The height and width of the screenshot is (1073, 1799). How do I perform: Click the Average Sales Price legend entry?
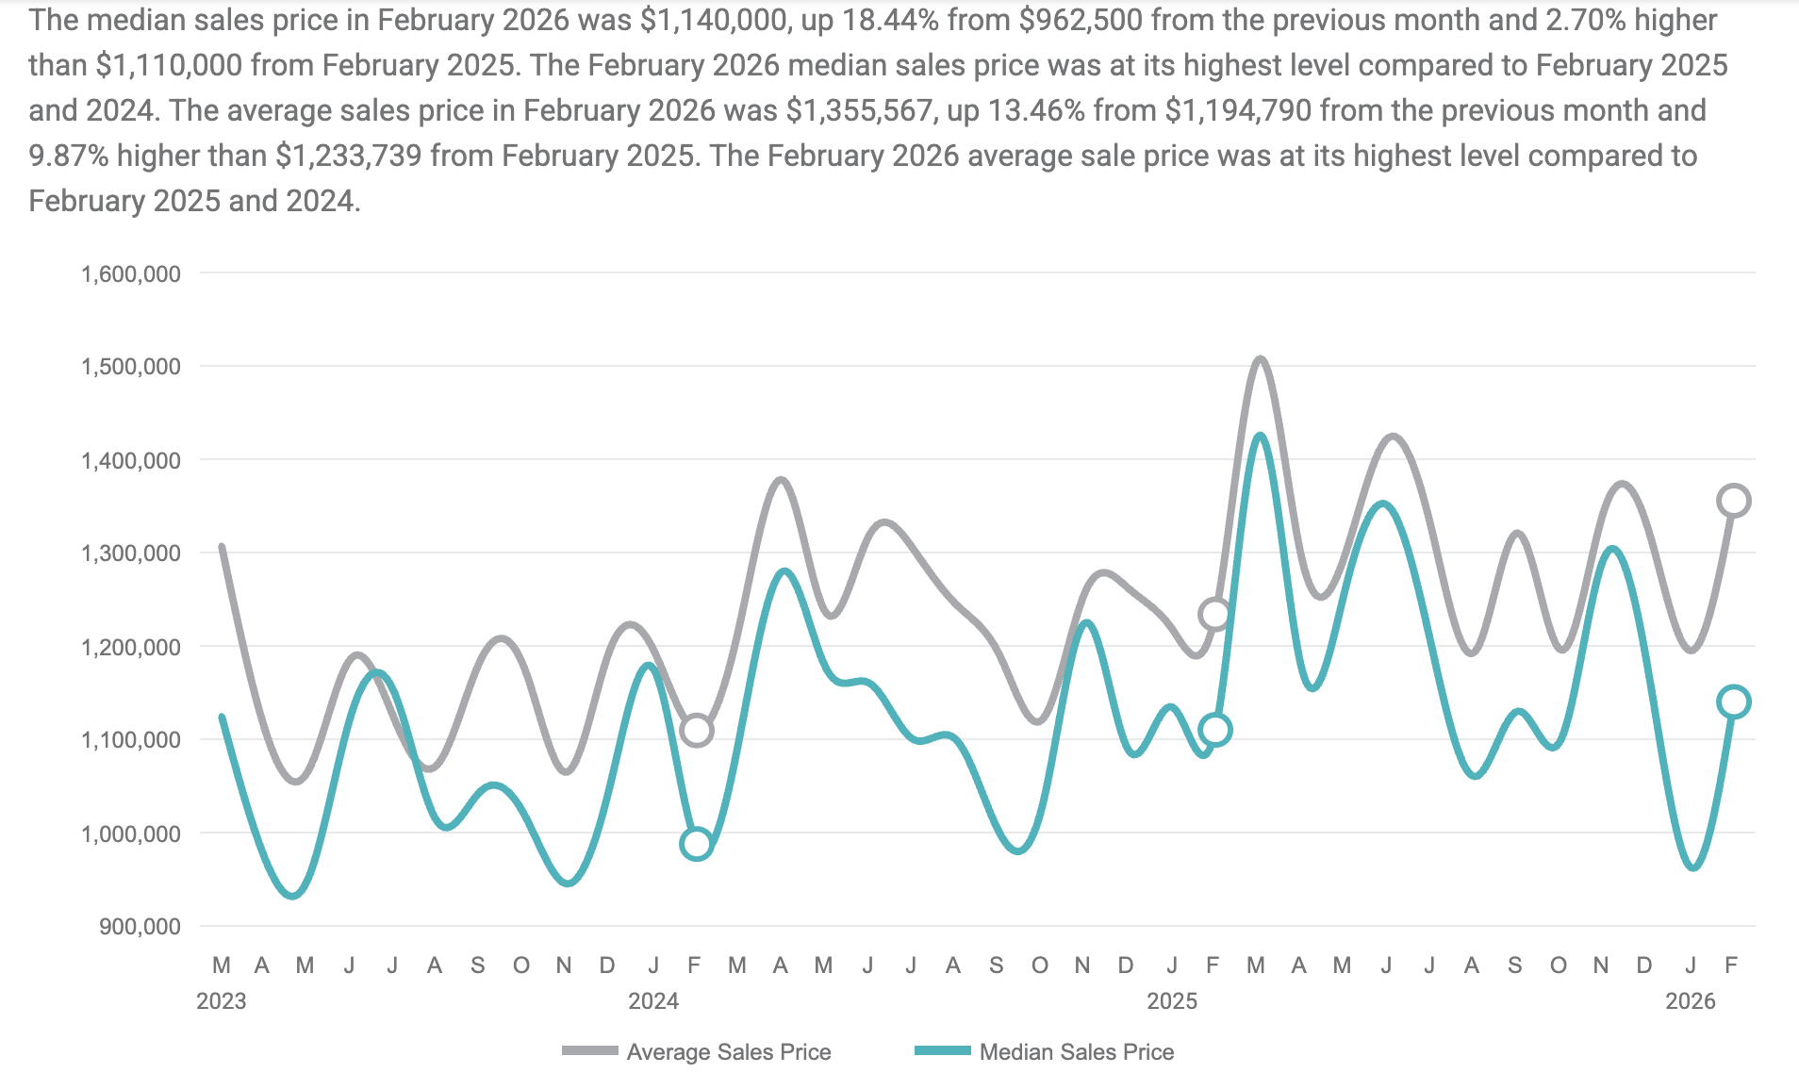pos(728,1051)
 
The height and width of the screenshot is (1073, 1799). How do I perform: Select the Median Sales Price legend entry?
pos(1076,1051)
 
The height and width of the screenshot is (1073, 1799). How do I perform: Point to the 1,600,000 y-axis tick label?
pos(131,274)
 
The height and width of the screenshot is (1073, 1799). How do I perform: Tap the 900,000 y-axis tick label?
pos(140,927)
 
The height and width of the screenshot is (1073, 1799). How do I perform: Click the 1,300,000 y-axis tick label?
pos(131,553)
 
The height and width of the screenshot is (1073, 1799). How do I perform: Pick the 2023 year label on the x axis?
pos(221,1001)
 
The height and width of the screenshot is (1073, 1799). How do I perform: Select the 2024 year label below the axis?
pos(653,1001)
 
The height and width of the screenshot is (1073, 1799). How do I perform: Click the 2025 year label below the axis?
pos(1171,1001)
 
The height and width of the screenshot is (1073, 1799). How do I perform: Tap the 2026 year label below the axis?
pos(1690,1001)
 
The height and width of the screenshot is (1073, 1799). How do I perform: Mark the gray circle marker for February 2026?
pos(1734,501)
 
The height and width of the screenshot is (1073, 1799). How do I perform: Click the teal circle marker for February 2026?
pos(1734,702)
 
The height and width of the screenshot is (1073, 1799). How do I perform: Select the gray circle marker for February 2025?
pos(1215,615)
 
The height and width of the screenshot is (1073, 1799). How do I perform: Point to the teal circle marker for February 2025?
pos(1215,730)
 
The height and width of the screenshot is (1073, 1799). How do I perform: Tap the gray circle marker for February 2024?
pos(696,730)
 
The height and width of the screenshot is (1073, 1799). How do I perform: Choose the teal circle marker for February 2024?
pos(696,843)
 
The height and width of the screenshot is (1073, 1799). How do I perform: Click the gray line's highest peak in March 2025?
pos(1260,359)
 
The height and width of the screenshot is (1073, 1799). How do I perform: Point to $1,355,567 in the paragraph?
pos(859,110)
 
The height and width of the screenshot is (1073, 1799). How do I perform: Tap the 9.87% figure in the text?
pos(69,156)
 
